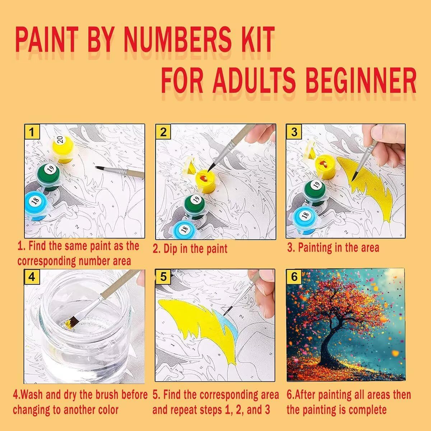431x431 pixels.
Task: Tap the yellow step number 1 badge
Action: point(32,131)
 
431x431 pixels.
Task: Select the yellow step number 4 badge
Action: point(32,277)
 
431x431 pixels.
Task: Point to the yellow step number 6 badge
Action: point(294,277)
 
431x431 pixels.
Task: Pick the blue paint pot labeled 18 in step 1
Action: point(36,206)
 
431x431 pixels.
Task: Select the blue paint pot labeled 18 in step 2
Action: point(184,229)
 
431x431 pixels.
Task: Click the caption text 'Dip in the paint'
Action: point(195,249)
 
